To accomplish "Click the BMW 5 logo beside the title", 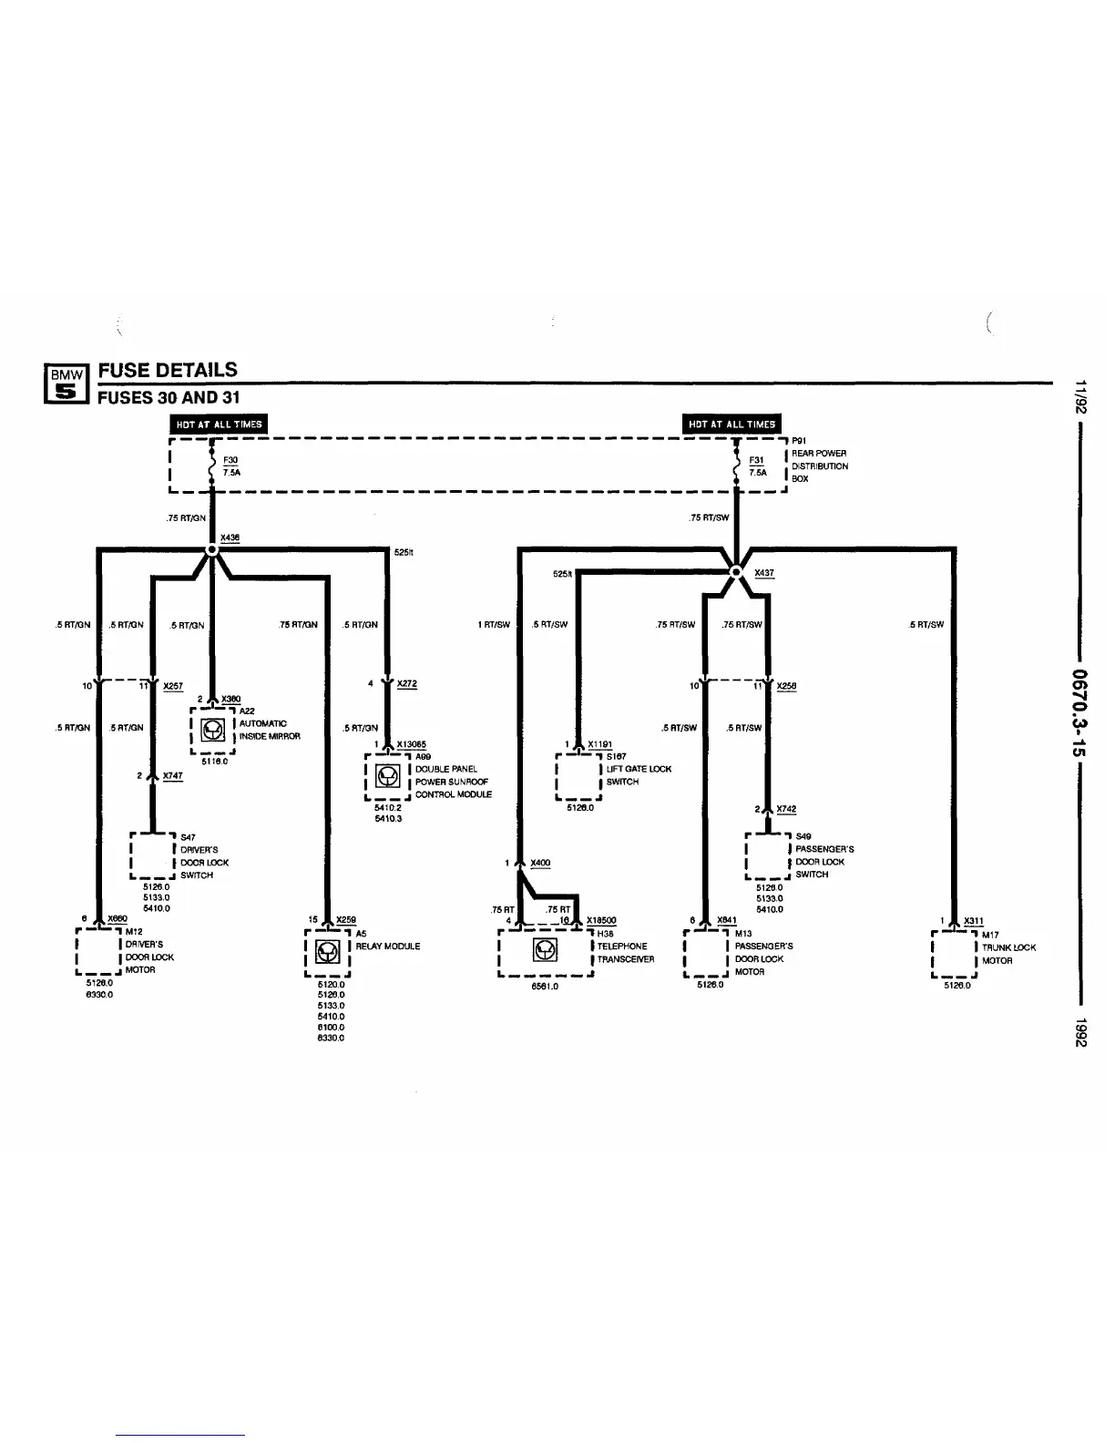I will point(66,383).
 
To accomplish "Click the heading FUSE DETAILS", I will point(168,370).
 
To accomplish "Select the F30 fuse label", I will point(230,461).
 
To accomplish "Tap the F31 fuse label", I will point(756,461).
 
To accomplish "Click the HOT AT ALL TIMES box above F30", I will point(219,424).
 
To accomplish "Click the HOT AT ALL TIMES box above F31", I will point(731,424).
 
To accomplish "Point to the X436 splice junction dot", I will point(212,550).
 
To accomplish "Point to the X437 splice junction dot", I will point(736,572).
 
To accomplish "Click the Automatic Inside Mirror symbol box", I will point(213,731).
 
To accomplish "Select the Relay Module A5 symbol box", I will point(327,952).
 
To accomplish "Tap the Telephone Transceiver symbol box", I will point(545,952).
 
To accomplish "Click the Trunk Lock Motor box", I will point(954,953).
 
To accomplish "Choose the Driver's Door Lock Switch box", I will point(152,855).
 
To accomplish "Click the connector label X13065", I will point(412,745).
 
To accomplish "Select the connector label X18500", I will point(601,921).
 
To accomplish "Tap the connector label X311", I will point(974,922).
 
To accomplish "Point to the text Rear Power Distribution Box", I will point(819,466).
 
